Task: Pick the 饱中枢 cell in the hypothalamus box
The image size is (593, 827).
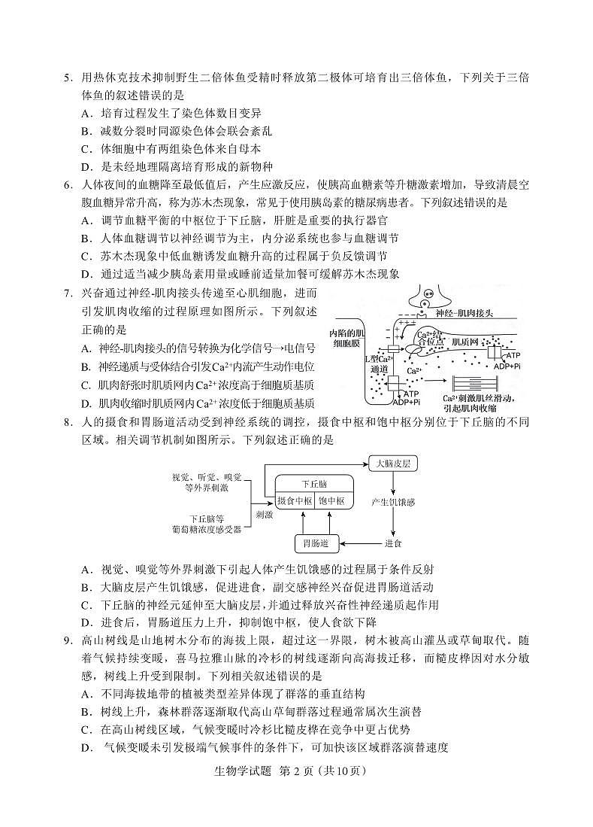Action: click(331, 501)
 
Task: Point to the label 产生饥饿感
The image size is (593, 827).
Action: click(392, 502)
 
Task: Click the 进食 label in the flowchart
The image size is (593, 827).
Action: click(393, 542)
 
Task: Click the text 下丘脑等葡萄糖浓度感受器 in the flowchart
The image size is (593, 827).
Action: click(206, 524)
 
